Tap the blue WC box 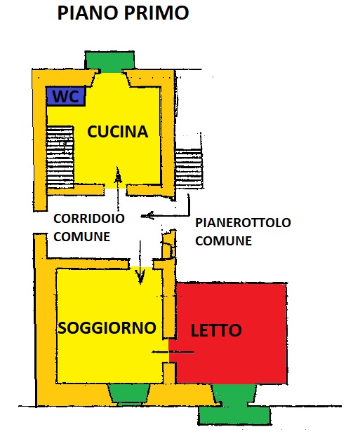pyautogui.click(x=66, y=96)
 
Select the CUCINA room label pyautogui.click(x=118, y=132)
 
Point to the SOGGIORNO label pyautogui.click(x=107, y=327)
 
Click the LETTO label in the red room pyautogui.click(x=216, y=330)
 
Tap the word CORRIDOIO pyautogui.click(x=89, y=219)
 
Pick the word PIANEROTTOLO pyautogui.click(x=244, y=222)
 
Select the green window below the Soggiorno pyautogui.click(x=129, y=395)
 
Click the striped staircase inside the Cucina pyautogui.click(x=60, y=158)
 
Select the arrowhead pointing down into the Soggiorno pyautogui.click(x=140, y=277)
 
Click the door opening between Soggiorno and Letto pyautogui.click(x=169, y=351)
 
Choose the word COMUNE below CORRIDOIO pyautogui.click(x=81, y=237)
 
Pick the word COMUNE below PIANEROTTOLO pyautogui.click(x=223, y=241)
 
